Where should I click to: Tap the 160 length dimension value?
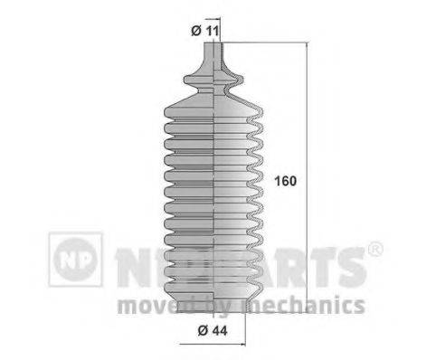(285, 179)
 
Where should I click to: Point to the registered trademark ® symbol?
(376, 248)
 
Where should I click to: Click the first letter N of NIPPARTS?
(128, 262)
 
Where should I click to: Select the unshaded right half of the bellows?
(240, 181)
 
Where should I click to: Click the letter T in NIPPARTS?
(318, 262)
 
